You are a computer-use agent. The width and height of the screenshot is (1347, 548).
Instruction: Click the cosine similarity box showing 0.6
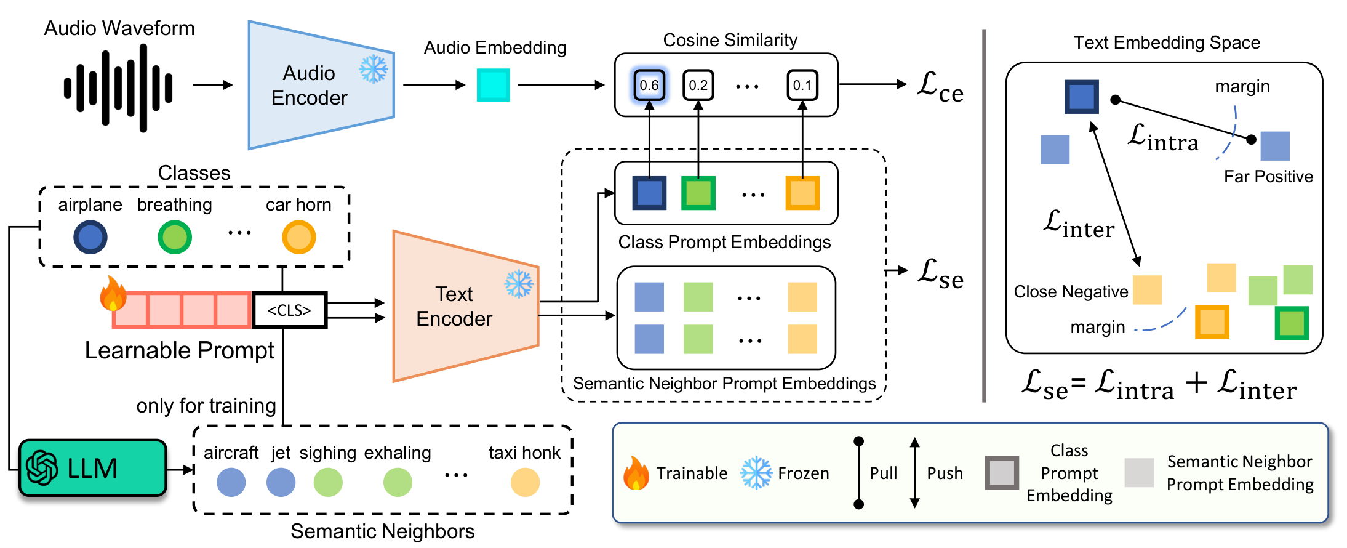pos(649,85)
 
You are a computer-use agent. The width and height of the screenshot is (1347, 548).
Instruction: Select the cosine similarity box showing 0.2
pos(698,85)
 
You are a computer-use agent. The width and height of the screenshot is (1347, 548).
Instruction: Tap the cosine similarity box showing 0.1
pos(802,85)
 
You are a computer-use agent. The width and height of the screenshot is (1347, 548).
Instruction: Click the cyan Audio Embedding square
pos(493,85)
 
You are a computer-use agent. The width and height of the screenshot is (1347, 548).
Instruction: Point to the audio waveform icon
pos(118,87)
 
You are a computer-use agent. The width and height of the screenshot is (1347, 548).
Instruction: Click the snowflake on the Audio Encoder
pos(374,69)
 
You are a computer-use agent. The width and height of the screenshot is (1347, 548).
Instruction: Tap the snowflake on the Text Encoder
pos(519,284)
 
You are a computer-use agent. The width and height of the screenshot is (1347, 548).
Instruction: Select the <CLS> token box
pos(289,310)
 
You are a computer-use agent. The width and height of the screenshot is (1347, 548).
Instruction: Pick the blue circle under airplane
pos(90,238)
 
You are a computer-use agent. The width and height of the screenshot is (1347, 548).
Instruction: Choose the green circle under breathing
pos(175,238)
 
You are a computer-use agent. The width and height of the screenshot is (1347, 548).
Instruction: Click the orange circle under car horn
pos(299,238)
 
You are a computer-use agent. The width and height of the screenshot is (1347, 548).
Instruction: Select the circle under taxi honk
pos(525,482)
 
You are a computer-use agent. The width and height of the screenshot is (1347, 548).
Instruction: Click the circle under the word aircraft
pos(231,482)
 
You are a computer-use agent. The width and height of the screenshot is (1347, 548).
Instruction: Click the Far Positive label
pos(1268,177)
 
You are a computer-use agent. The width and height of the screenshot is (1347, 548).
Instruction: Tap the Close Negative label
pos(1071,292)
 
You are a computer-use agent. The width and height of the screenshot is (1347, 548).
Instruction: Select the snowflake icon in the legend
pos(756,473)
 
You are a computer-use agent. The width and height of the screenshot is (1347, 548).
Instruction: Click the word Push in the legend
pos(945,473)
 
